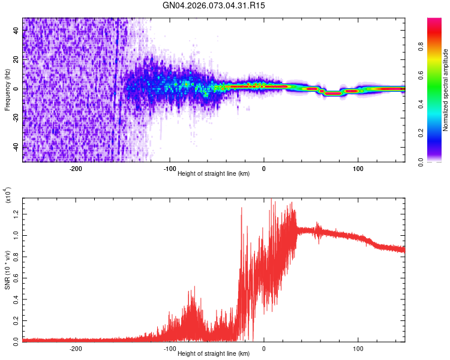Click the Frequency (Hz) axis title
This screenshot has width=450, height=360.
(x=7, y=90)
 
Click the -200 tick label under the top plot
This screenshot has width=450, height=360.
(x=76, y=169)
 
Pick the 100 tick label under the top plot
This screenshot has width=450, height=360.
(x=358, y=169)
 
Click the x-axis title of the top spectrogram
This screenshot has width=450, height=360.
(x=214, y=174)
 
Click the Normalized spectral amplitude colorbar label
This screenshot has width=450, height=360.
(x=446, y=90)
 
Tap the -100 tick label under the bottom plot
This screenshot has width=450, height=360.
(x=169, y=348)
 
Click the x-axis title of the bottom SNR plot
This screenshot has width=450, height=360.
(x=214, y=354)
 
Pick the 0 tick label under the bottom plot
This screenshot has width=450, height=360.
(x=264, y=348)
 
